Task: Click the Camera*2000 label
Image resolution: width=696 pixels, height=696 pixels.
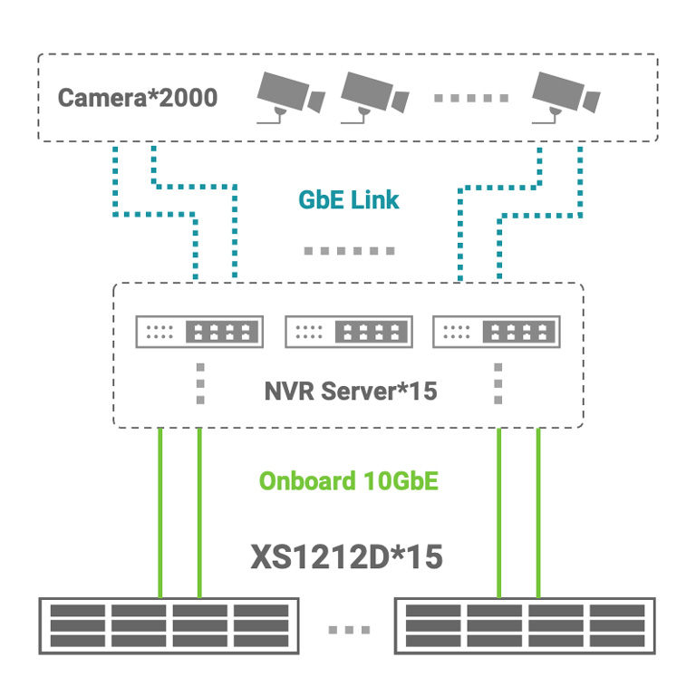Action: click(x=138, y=97)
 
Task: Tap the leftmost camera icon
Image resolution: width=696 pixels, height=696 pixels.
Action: click(x=289, y=96)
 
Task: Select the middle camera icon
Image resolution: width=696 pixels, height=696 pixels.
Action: click(x=373, y=96)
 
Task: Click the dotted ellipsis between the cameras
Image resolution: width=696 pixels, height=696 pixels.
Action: click(x=469, y=98)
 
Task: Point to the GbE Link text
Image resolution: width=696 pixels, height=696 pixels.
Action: click(x=349, y=199)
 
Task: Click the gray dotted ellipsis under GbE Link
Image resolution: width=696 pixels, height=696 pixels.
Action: click(x=349, y=251)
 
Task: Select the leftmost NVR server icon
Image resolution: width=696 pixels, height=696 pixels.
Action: click(x=199, y=332)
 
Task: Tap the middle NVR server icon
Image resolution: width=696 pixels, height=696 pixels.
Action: click(x=348, y=332)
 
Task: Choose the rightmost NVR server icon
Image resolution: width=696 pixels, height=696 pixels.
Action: click(x=497, y=332)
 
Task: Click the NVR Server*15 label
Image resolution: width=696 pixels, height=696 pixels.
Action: click(x=351, y=391)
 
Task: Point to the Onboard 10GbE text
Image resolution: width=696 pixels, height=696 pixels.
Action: click(x=349, y=480)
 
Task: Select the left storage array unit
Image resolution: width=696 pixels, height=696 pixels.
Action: click(x=169, y=625)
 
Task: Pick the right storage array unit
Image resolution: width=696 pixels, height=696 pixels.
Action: click(x=525, y=625)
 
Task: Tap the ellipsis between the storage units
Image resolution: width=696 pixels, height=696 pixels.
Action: click(x=348, y=629)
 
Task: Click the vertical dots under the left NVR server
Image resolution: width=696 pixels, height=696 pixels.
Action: click(x=200, y=384)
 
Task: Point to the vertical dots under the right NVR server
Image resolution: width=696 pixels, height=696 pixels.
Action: click(x=498, y=384)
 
